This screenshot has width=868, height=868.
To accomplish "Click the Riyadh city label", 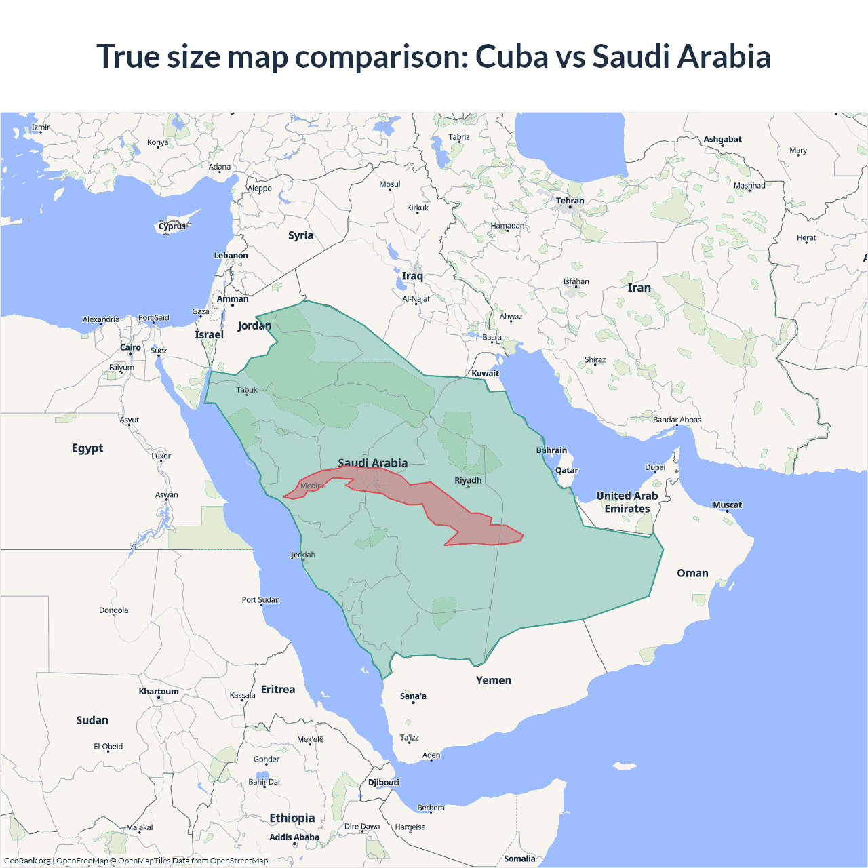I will tap(468, 480).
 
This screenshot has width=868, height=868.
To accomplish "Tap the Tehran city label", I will tap(570, 201).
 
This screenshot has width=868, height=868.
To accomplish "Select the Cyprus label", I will tap(172, 226).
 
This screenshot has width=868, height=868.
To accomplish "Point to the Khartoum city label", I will tap(159, 692).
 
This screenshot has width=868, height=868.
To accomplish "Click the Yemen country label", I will tap(494, 680).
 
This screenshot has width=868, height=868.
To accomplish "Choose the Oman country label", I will tap(692, 573).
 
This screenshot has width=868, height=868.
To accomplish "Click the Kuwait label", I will tap(485, 373).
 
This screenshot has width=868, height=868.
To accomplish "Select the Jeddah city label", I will tap(303, 555).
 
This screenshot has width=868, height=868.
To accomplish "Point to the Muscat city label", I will tap(727, 505).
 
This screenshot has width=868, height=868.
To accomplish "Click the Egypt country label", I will tap(87, 448).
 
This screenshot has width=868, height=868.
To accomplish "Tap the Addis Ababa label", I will tap(294, 837).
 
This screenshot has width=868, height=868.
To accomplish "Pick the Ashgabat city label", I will tap(722, 139).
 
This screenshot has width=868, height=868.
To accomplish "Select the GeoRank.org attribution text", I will tap(27, 861).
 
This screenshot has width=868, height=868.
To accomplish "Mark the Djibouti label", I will tap(384, 782).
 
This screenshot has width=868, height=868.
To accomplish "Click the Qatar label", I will tap(567, 470).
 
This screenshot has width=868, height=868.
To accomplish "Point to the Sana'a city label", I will tap(413, 696).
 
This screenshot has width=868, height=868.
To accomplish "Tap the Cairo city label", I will tap(130, 347).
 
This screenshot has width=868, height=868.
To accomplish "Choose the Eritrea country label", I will tap(278, 689).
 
